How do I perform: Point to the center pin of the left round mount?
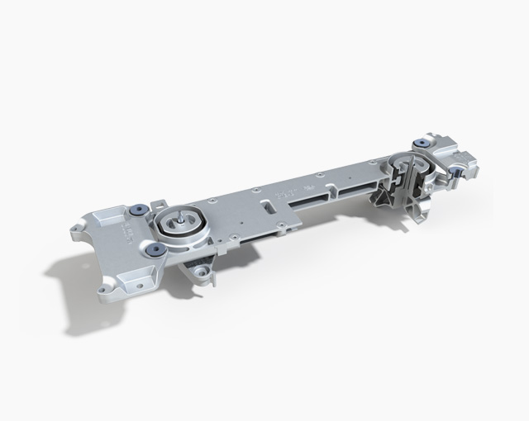coord(179,222)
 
